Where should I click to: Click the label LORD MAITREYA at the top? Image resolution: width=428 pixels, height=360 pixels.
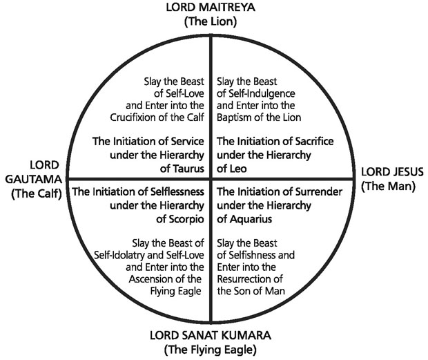coord(211,8)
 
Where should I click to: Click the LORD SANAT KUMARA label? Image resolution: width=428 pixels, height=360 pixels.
coord(211,336)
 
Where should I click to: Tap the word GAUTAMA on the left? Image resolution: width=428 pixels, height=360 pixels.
coord(35,179)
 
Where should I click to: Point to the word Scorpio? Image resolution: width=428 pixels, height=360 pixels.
coord(184,220)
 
